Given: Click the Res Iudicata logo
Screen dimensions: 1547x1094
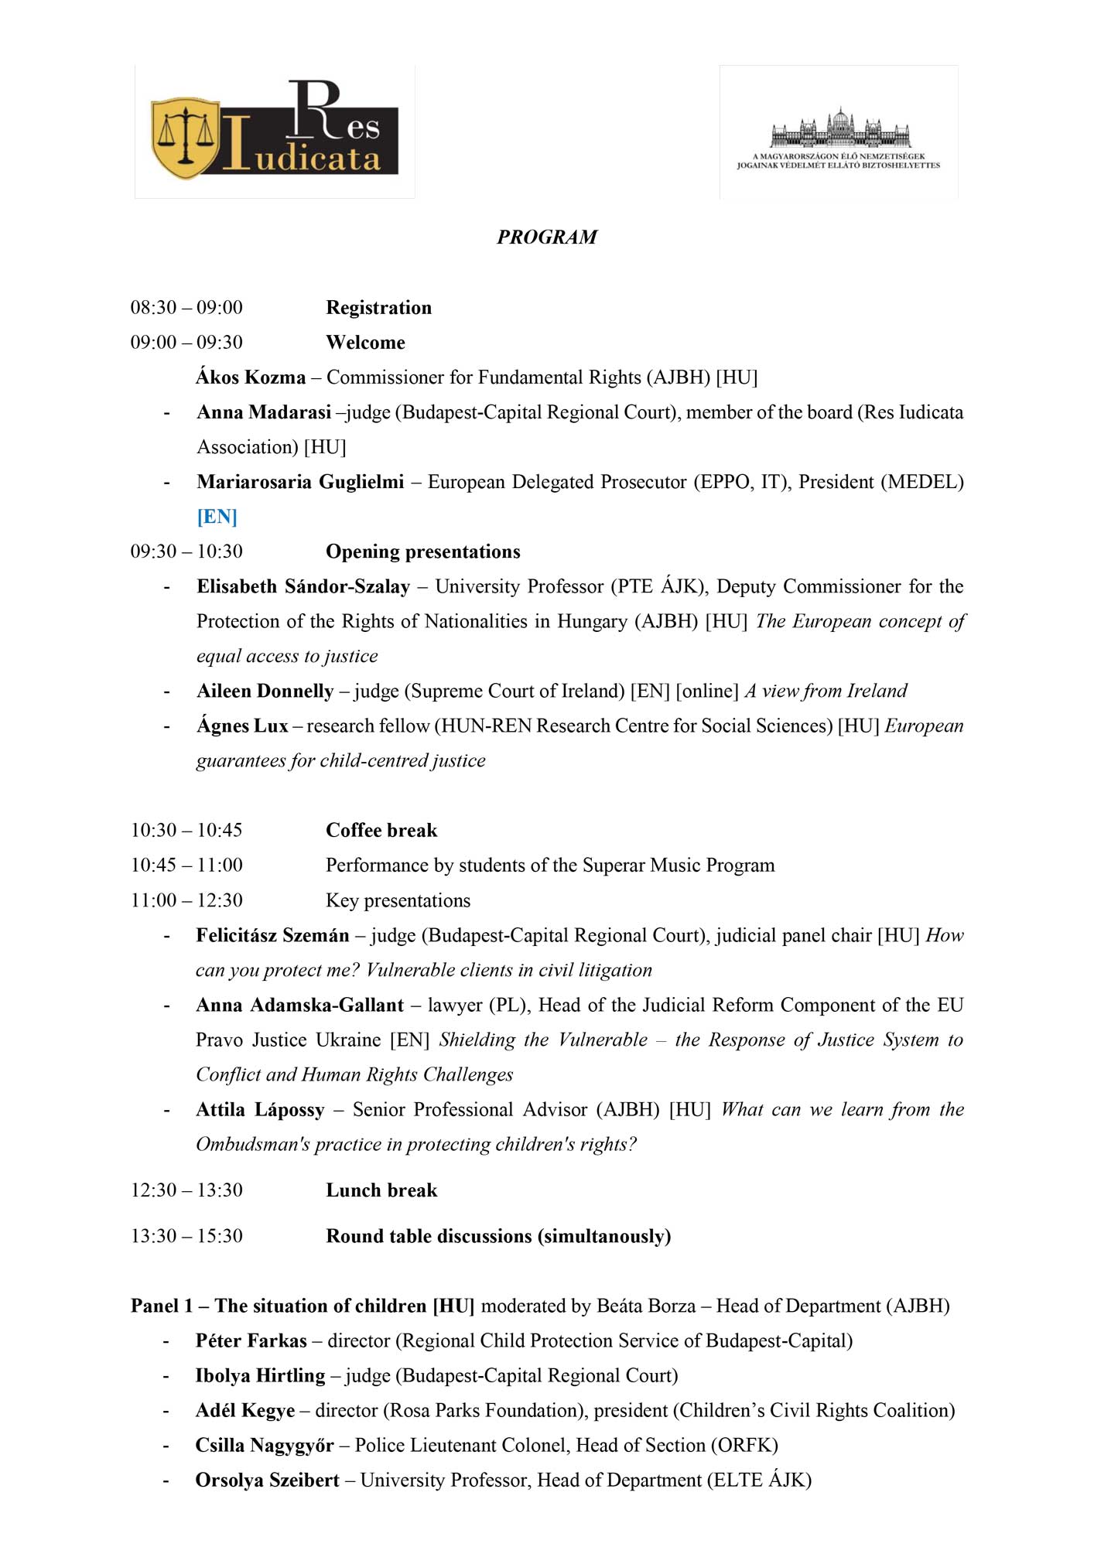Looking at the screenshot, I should [275, 131].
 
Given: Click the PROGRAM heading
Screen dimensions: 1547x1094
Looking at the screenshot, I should [547, 237].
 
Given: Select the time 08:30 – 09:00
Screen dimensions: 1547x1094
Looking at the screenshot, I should [186, 307].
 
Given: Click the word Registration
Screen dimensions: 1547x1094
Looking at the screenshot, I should [378, 307].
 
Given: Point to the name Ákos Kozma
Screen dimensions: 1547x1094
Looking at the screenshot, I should [251, 377].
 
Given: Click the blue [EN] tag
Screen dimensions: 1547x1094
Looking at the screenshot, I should [217, 516].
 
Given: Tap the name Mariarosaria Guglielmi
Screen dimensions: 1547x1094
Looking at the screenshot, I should [300, 481].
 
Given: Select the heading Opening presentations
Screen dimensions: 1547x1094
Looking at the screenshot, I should [422, 551].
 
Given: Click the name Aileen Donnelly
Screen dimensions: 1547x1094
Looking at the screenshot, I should [265, 690].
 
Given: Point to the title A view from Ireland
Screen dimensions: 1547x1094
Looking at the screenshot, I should [826, 690].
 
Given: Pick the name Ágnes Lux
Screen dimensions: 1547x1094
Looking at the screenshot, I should [242, 725].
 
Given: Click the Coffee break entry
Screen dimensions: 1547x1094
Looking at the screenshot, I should [381, 830].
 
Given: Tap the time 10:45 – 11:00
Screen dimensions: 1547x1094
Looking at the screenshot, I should [186, 865].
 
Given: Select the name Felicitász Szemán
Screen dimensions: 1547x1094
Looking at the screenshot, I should [272, 934].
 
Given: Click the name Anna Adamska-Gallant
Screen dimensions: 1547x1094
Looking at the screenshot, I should [299, 1004].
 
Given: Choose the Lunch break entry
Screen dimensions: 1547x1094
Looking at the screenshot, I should [381, 1190].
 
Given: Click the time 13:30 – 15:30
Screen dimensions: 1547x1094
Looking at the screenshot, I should [186, 1235].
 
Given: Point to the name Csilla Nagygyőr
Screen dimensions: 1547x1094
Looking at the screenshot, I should [264, 1444].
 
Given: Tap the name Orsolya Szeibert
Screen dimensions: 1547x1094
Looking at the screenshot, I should [267, 1479].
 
